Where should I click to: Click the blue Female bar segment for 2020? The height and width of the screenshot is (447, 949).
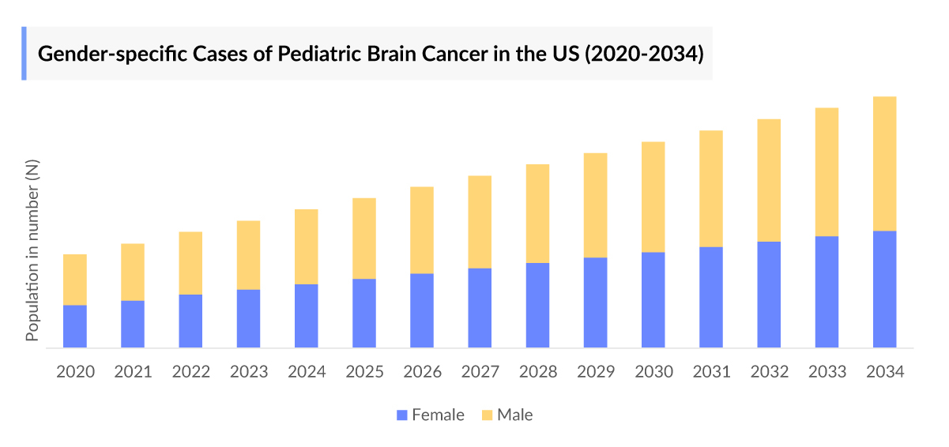point(75,326)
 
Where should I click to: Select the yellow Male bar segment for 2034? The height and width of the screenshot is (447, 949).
point(884,163)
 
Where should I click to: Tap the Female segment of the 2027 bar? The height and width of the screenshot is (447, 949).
point(480,308)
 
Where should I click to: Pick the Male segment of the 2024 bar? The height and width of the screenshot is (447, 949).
point(307,246)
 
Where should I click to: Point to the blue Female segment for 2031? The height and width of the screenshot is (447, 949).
point(711,297)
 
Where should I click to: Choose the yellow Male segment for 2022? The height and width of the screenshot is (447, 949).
point(190,263)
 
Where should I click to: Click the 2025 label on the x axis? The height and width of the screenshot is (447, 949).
point(364,372)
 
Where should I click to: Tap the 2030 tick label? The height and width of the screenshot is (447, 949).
point(653,372)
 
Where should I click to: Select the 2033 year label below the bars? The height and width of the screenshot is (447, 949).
point(827,372)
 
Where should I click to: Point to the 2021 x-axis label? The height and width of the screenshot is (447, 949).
point(133,372)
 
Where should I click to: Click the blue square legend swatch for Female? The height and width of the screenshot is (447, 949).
point(402,415)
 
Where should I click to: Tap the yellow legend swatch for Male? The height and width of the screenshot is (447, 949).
point(487,415)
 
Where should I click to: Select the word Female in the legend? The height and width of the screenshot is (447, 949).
point(438,415)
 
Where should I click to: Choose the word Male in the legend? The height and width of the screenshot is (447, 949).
point(514,415)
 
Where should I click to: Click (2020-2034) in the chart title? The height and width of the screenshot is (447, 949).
point(643,54)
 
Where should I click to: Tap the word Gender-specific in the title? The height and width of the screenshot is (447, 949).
point(96,54)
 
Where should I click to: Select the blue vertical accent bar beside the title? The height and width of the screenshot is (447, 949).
point(24,54)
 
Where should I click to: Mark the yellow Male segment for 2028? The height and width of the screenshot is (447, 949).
point(537,213)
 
